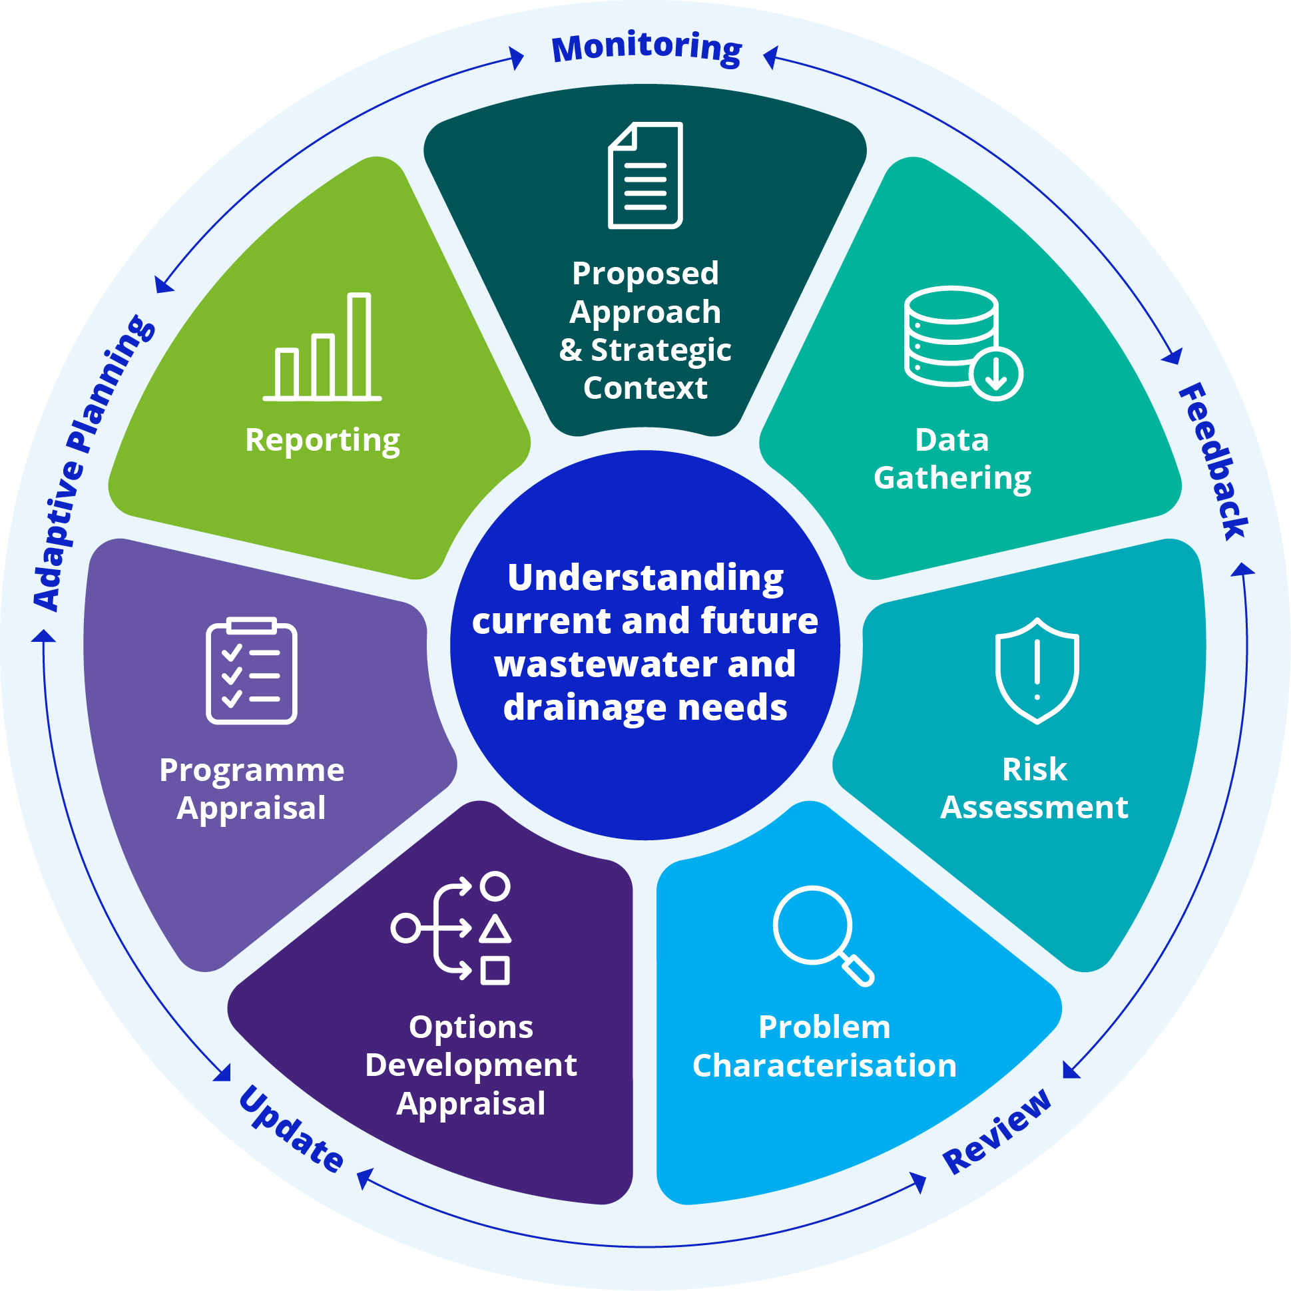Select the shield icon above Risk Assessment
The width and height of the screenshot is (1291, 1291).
[1037, 670]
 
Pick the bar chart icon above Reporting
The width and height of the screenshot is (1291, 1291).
[322, 347]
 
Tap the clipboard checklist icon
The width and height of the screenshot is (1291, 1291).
[251, 670]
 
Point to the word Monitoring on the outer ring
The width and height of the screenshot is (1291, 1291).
[647, 48]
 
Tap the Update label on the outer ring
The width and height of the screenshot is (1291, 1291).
[292, 1129]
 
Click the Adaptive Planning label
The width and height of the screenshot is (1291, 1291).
[94, 463]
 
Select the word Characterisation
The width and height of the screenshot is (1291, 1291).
[824, 1065]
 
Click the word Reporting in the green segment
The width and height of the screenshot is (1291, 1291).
[323, 441]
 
